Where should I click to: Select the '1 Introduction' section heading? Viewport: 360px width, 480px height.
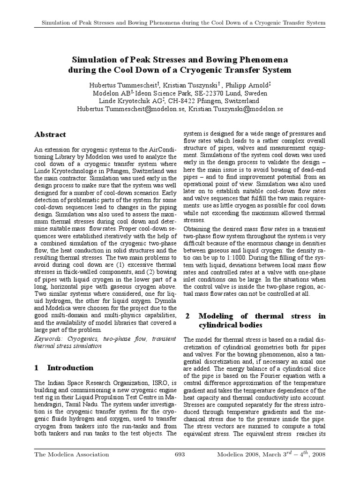pyautogui.click(x=64, y=367)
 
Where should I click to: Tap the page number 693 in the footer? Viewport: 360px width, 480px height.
pyautogui.click(x=180, y=454)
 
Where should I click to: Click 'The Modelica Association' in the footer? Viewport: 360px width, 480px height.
pyautogui.click(x=72, y=454)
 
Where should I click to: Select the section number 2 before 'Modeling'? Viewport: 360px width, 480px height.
pyautogui.click(x=187, y=316)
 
